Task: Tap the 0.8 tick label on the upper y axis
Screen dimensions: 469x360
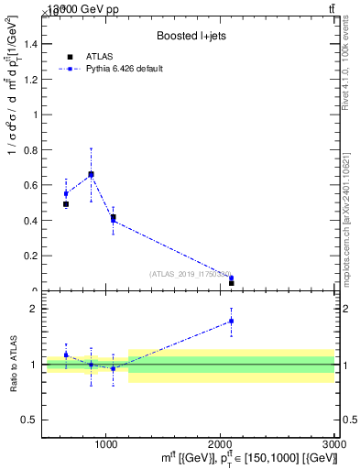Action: click(30, 150)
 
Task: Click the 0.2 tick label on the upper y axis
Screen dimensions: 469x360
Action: click(30, 256)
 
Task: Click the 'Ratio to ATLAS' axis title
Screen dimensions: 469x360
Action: click(13, 364)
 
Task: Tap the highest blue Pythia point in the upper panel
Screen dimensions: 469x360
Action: click(91, 173)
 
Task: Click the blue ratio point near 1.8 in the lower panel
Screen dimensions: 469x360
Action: click(231, 321)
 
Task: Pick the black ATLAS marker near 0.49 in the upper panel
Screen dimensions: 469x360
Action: click(66, 204)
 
